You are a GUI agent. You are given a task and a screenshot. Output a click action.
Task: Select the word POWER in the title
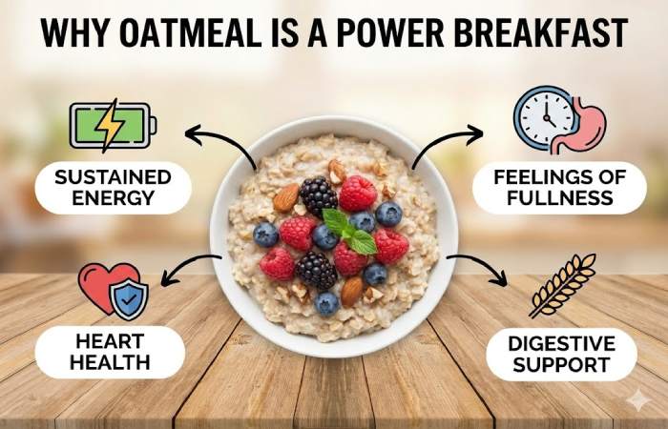tap(405, 33)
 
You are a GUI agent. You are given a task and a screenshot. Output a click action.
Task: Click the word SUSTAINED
tap(113, 177)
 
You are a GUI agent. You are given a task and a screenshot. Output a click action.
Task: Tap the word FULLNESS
tap(560, 199)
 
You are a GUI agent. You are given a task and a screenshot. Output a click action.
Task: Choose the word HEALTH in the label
tap(110, 362)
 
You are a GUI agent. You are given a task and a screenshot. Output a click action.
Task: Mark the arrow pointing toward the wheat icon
tap(483, 269)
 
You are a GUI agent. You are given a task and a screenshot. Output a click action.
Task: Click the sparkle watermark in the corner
tap(637, 400)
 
